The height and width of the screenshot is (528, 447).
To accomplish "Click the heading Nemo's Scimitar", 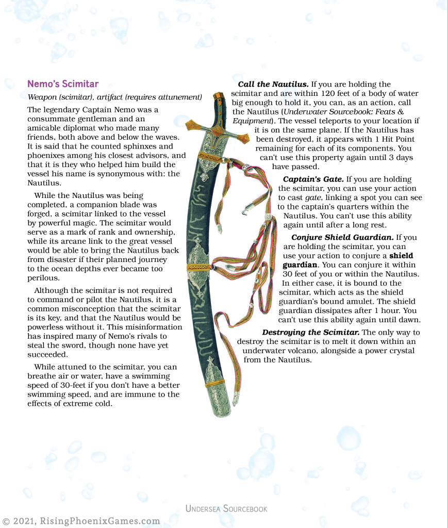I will (x=62, y=84).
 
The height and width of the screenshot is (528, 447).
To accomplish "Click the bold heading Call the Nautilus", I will (x=273, y=84).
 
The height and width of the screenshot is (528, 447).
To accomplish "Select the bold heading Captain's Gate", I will (x=313, y=179).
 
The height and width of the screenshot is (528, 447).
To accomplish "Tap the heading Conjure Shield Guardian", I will (x=342, y=237).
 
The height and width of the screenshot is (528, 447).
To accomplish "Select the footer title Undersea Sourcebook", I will (x=226, y=509).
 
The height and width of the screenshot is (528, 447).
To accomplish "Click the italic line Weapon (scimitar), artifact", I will (x=114, y=97).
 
